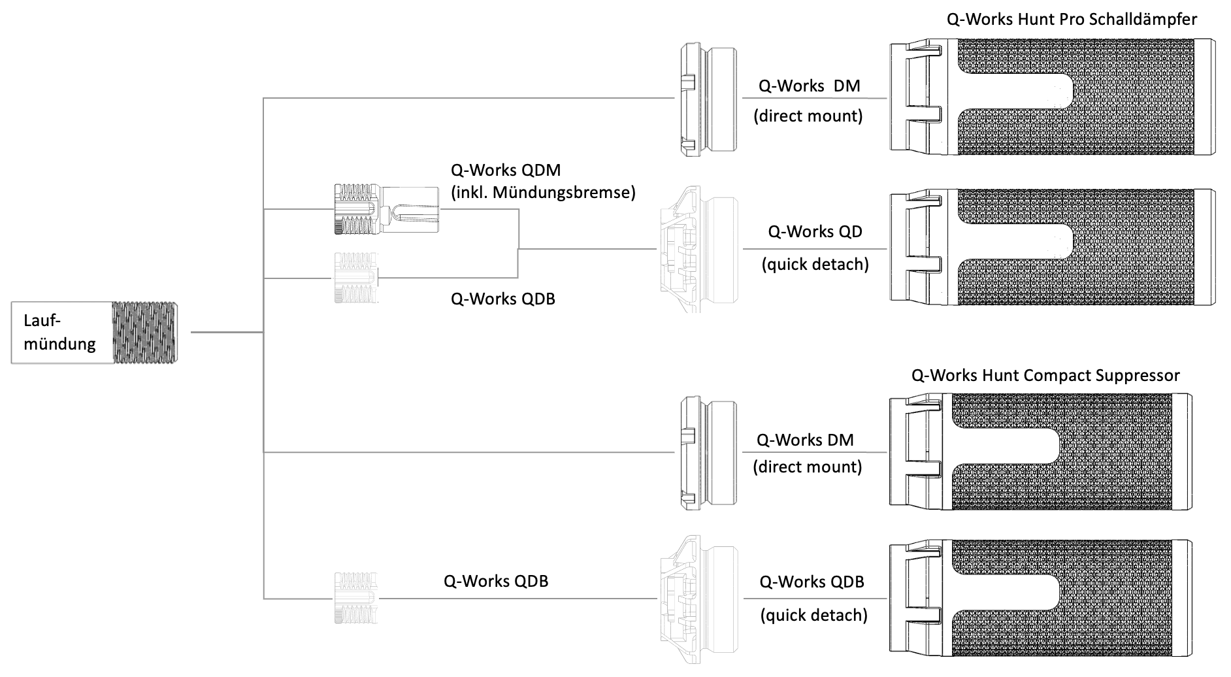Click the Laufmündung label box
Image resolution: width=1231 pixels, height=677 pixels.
[x=61, y=333]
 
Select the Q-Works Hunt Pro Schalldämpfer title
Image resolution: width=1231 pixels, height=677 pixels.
[x=1072, y=19]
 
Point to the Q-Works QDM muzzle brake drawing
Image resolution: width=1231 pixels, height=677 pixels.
[x=386, y=209]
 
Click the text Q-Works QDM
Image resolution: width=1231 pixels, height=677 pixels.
[x=506, y=171]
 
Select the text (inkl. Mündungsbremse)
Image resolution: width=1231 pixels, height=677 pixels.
[x=543, y=193]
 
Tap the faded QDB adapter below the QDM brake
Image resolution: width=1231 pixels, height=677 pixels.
[x=357, y=278]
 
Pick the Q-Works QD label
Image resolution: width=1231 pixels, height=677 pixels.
[x=815, y=232]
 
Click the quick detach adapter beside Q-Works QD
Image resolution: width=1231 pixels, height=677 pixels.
[x=700, y=249]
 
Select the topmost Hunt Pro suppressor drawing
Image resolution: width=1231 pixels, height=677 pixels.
[x=1052, y=97]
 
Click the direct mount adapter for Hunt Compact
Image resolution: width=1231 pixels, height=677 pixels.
[x=708, y=452]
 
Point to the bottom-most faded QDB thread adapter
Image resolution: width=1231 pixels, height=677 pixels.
[x=357, y=598]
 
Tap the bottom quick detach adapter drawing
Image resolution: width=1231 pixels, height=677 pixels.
[x=700, y=599]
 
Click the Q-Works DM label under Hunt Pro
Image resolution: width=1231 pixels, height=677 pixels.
[x=809, y=86]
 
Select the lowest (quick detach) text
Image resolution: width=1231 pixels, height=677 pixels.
[x=813, y=616]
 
